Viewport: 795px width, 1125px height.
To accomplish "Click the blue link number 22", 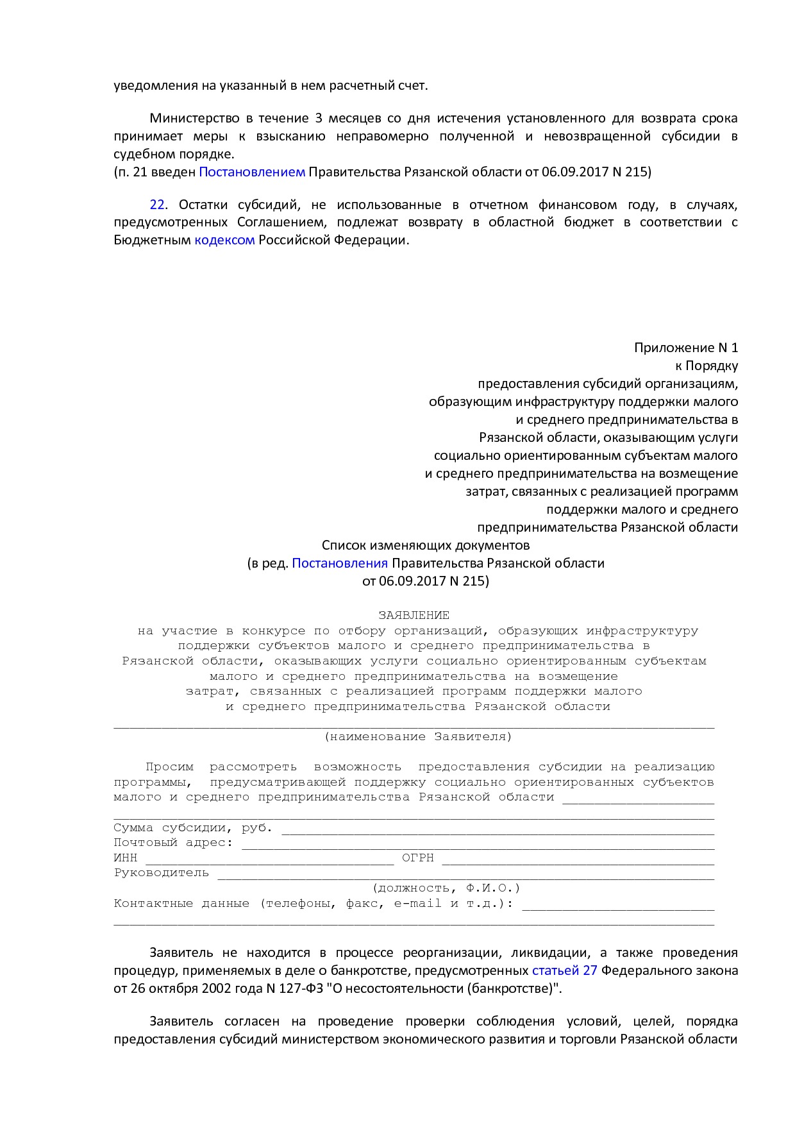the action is point(157,205).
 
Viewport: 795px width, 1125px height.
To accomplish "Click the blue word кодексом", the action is point(224,241).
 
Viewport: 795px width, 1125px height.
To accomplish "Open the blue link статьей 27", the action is point(564,970).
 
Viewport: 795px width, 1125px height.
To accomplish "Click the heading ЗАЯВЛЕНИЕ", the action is point(414,615).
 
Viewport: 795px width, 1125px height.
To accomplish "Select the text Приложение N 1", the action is point(686,348).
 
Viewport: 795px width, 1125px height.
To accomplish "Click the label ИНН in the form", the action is point(125,858).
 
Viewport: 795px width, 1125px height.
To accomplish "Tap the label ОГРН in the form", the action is point(418,858).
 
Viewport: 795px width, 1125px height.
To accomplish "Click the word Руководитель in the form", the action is point(162,873).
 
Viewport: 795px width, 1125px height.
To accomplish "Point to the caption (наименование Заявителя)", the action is point(418,737).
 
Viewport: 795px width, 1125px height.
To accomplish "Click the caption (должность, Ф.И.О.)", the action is point(446,888).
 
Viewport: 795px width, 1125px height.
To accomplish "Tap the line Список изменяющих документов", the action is point(426,546).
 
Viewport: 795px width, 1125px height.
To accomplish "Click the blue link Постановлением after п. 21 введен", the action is point(252,172).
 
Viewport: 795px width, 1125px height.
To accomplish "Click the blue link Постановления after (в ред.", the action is point(340,563).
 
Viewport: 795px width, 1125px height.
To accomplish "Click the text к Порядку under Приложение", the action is point(707,366).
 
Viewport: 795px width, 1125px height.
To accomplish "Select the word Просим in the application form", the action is point(169,767).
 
